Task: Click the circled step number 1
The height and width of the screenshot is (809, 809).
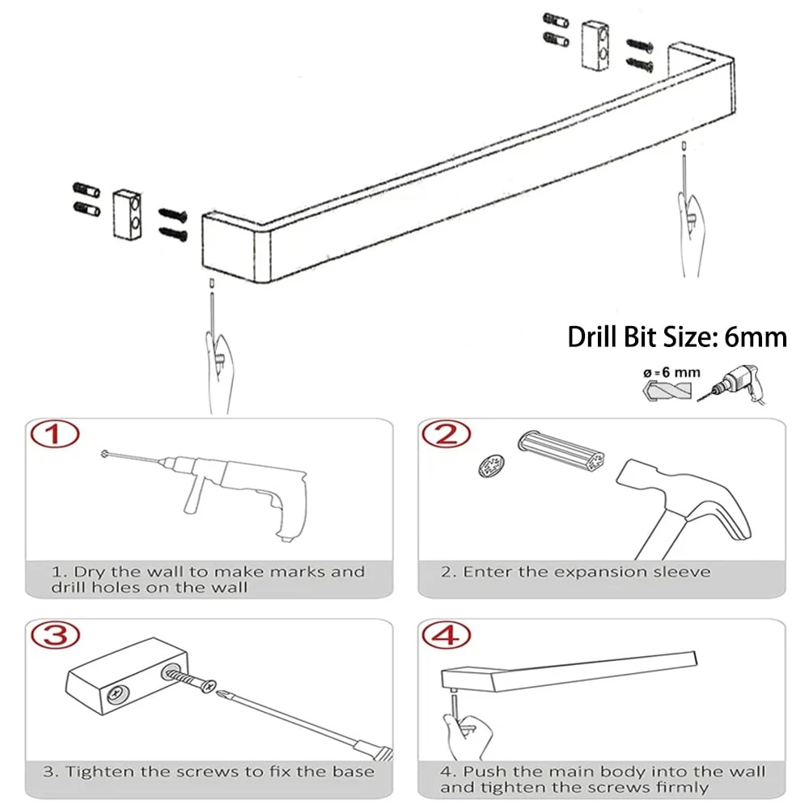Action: [x=55, y=434]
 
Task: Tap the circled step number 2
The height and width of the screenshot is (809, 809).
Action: [x=447, y=434]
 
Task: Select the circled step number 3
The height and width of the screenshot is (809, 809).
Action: [x=55, y=635]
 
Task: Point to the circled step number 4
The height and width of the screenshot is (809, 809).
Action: [x=447, y=635]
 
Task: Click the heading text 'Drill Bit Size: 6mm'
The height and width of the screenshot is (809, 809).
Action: [x=677, y=337]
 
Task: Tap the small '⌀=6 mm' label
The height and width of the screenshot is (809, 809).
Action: [x=671, y=372]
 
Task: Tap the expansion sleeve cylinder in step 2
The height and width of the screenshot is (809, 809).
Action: [x=561, y=451]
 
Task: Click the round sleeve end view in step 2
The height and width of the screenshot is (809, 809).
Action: [x=491, y=465]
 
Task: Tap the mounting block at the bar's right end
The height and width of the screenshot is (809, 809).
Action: [x=595, y=45]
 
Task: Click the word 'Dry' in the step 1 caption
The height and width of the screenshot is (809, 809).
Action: [x=90, y=572]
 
